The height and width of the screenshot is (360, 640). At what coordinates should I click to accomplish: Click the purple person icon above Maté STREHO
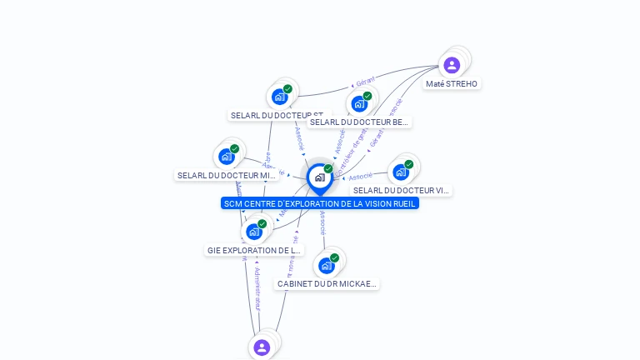pyautogui.click(x=452, y=65)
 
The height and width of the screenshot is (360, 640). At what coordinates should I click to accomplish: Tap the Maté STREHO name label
pyautogui.click(x=452, y=84)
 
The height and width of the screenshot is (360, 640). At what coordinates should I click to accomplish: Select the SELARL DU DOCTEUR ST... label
pyautogui.click(x=277, y=115)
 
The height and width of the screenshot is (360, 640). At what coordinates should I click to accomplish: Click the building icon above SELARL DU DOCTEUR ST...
pyautogui.click(x=280, y=96)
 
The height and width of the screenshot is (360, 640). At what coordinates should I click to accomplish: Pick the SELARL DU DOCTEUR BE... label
pyautogui.click(x=359, y=122)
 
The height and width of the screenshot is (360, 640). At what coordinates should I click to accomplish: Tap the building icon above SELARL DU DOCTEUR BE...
pyautogui.click(x=359, y=103)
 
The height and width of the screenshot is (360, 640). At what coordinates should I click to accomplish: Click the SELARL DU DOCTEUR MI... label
pyautogui.click(x=227, y=175)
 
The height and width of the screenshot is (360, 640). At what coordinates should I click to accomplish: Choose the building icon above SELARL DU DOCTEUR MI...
pyautogui.click(x=227, y=156)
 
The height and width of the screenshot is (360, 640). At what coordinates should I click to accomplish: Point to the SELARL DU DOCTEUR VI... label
pyautogui.click(x=401, y=190)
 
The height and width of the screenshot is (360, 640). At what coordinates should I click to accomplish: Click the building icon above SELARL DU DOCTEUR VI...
pyautogui.click(x=401, y=172)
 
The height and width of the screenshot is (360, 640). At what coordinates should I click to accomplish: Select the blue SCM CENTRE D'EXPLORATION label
pyautogui.click(x=320, y=203)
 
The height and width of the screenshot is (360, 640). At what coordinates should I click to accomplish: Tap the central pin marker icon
pyautogui.click(x=319, y=177)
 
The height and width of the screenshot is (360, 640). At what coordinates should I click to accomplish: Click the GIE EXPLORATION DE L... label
pyautogui.click(x=254, y=250)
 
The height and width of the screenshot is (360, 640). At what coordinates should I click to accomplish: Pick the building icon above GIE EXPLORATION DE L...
pyautogui.click(x=254, y=231)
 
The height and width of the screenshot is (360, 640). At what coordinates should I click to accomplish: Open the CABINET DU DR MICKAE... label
pyautogui.click(x=327, y=283)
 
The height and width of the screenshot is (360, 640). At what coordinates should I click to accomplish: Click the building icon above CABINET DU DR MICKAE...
pyautogui.click(x=327, y=265)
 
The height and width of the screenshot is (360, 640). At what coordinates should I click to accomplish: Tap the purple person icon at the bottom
pyautogui.click(x=262, y=347)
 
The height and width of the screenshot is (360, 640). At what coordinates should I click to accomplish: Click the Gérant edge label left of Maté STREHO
pyautogui.click(x=365, y=82)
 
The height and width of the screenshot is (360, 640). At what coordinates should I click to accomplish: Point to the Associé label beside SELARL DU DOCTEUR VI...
pyautogui.click(x=360, y=177)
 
